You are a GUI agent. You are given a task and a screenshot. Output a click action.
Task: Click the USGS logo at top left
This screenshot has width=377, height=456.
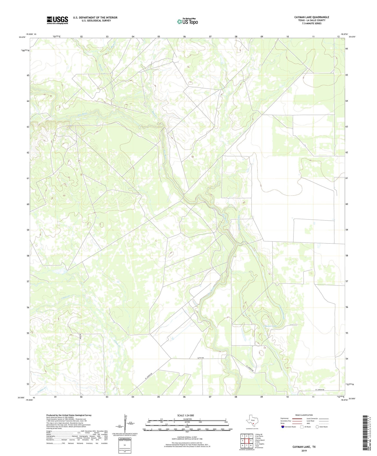click(57, 20)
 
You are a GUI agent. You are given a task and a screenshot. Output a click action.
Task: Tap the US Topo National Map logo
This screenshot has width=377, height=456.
click(187, 21)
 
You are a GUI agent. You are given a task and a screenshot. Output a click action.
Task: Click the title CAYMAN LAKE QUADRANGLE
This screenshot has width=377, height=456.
click(312, 17)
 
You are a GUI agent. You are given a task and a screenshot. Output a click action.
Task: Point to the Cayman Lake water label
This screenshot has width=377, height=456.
click(270, 326)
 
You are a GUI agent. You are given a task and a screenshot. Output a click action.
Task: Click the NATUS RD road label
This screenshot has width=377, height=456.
click(200, 358)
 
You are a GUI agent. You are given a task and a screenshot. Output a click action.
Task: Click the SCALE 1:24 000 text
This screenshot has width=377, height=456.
click(185, 416)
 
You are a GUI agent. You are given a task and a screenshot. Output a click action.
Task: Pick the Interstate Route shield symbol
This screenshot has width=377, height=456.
click(283, 427)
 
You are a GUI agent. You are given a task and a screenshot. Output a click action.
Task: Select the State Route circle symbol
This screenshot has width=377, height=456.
click(317, 427)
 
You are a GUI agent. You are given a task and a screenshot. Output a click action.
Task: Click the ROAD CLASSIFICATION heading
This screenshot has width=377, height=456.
click(304, 415)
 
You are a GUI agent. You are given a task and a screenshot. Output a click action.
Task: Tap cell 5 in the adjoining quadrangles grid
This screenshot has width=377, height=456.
click(251, 441)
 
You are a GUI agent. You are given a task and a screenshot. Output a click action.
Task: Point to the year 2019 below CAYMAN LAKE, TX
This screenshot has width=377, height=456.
click(304, 451)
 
